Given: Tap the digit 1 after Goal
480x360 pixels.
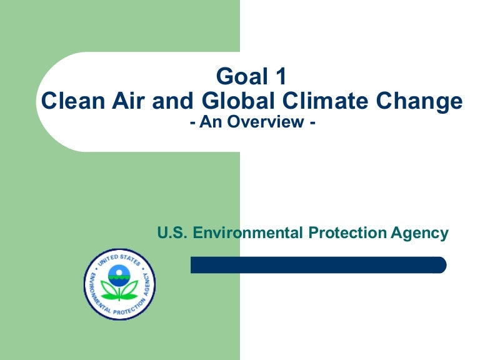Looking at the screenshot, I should pyautogui.click(x=279, y=77).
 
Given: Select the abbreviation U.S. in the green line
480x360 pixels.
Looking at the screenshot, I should pyautogui.click(x=172, y=233).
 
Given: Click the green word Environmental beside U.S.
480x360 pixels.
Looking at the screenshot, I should pyautogui.click(x=249, y=233).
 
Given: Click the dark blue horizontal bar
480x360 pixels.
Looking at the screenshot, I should pyautogui.click(x=319, y=265).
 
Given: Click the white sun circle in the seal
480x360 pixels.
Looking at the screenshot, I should pyautogui.click(x=119, y=271).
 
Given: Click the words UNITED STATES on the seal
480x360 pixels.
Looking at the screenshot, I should pyautogui.click(x=119, y=257).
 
